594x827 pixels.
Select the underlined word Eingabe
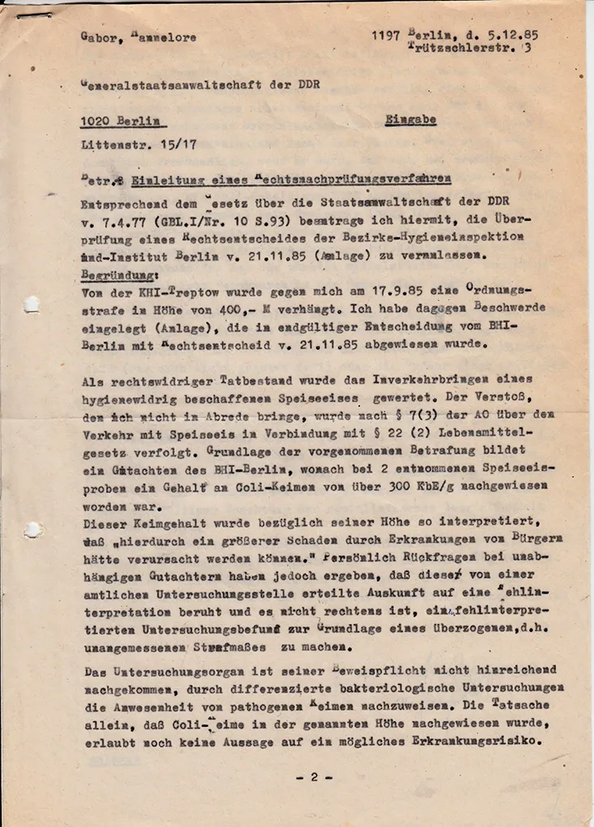coord(410,120)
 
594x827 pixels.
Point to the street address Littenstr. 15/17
coord(138,146)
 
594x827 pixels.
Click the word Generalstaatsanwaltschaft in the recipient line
coord(162,84)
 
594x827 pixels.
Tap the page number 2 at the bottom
coord(313,777)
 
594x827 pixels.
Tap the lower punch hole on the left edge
coord(32,530)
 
